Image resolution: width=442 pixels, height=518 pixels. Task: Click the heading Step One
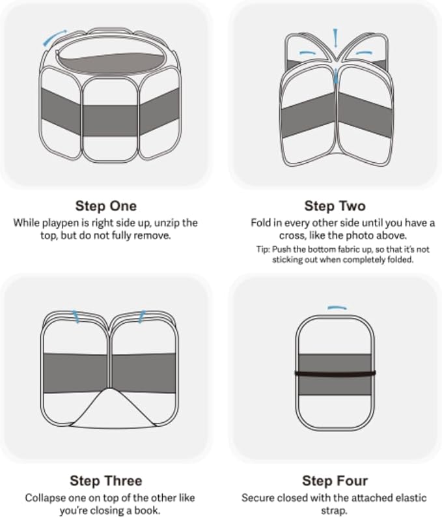105,207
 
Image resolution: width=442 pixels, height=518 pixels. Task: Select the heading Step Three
105,481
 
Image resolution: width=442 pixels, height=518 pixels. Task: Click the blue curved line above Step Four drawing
337,307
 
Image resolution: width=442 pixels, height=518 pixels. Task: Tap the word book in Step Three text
152,510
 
